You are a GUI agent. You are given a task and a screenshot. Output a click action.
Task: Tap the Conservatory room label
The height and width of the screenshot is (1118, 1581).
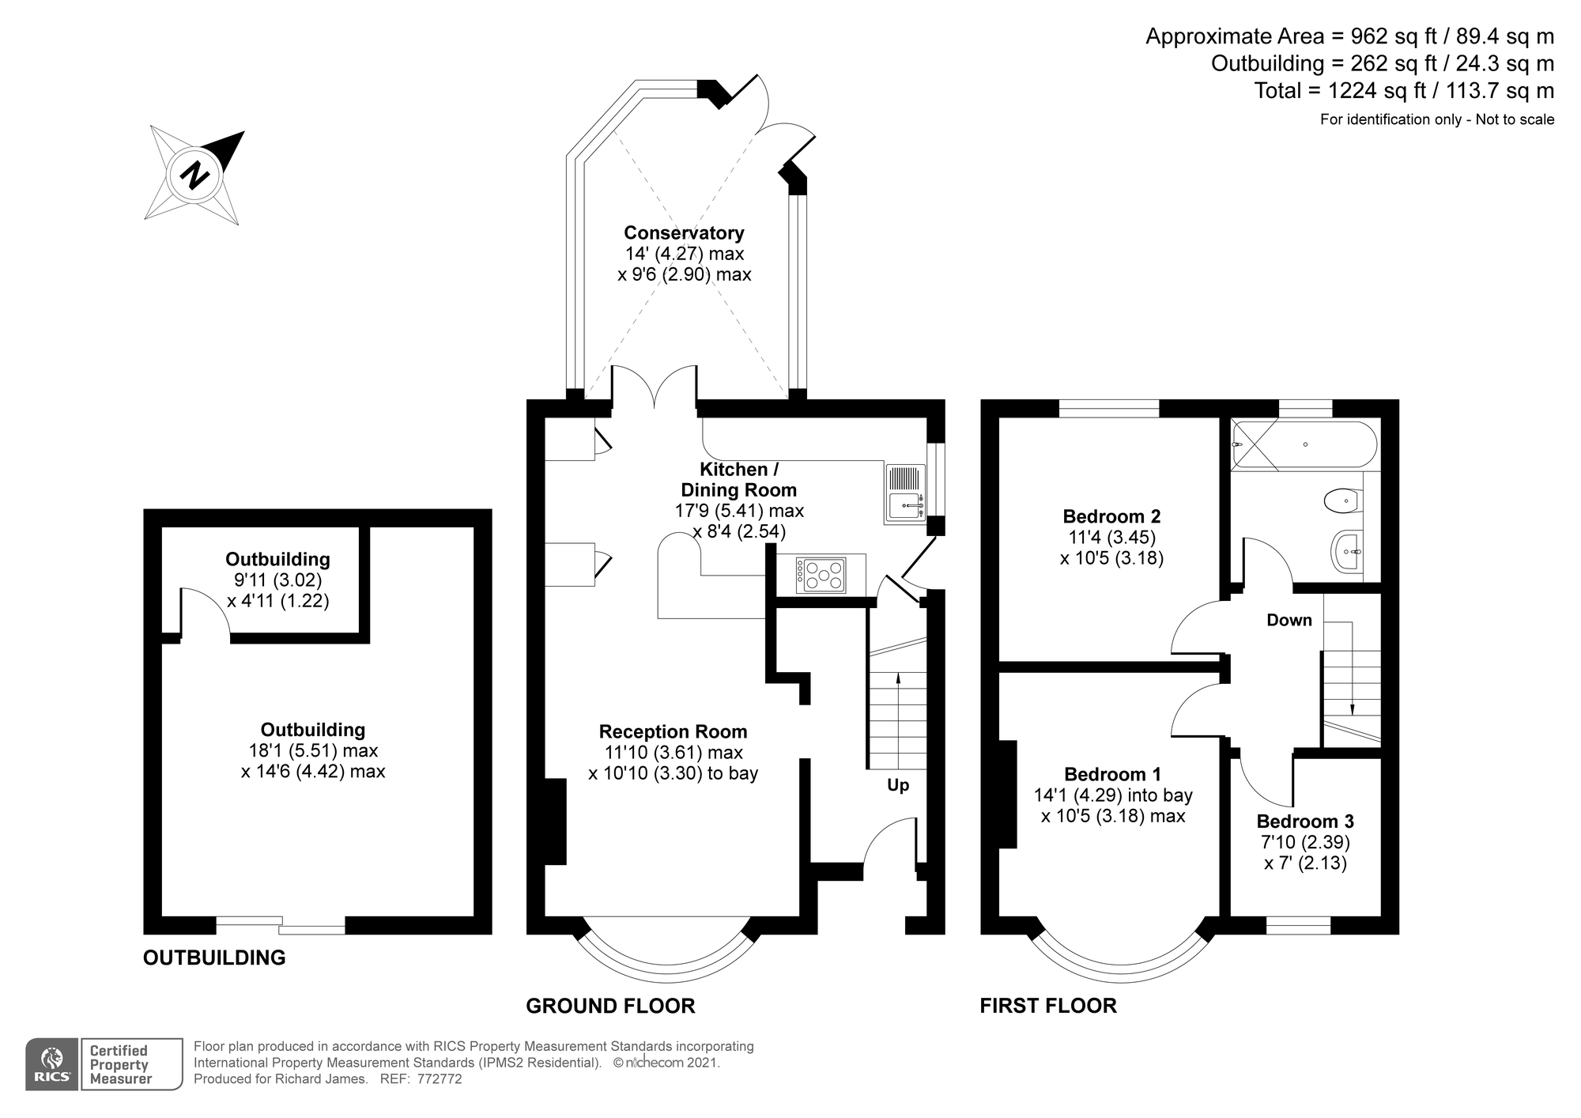684,232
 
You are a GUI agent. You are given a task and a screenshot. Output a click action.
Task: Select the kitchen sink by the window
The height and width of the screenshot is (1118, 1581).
905,493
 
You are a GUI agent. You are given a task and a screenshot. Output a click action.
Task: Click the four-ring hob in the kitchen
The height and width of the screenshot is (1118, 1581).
821,575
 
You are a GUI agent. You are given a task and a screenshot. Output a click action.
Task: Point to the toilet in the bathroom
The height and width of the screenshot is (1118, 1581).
1341,500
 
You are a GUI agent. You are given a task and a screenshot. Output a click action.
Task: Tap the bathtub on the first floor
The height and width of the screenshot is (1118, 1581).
1304,445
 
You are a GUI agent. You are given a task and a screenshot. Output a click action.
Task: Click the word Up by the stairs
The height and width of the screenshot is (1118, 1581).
898,785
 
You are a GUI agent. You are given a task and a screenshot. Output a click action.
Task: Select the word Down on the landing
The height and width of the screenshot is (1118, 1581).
1289,620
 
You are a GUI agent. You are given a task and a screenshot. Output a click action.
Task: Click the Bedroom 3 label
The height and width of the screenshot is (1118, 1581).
1305,821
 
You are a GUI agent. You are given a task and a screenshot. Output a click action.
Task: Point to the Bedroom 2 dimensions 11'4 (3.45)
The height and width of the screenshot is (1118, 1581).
1111,538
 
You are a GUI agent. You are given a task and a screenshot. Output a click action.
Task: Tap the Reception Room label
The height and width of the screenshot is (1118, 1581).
673,731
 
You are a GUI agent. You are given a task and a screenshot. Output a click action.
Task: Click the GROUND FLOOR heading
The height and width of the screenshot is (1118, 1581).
610,1006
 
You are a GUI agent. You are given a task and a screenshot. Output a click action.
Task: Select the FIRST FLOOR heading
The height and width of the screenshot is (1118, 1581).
1048,1006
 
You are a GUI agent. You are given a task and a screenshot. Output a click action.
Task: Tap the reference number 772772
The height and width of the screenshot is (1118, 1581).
439,1078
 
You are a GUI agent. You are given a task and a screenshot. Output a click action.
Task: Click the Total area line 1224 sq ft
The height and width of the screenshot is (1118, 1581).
1404,91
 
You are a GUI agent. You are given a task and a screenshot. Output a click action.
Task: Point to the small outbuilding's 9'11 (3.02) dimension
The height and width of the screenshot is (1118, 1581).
277,580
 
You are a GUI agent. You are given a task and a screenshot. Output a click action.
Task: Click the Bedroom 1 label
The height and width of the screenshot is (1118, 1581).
1111,774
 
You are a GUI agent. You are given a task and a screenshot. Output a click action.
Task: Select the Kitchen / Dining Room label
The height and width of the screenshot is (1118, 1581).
738,480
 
